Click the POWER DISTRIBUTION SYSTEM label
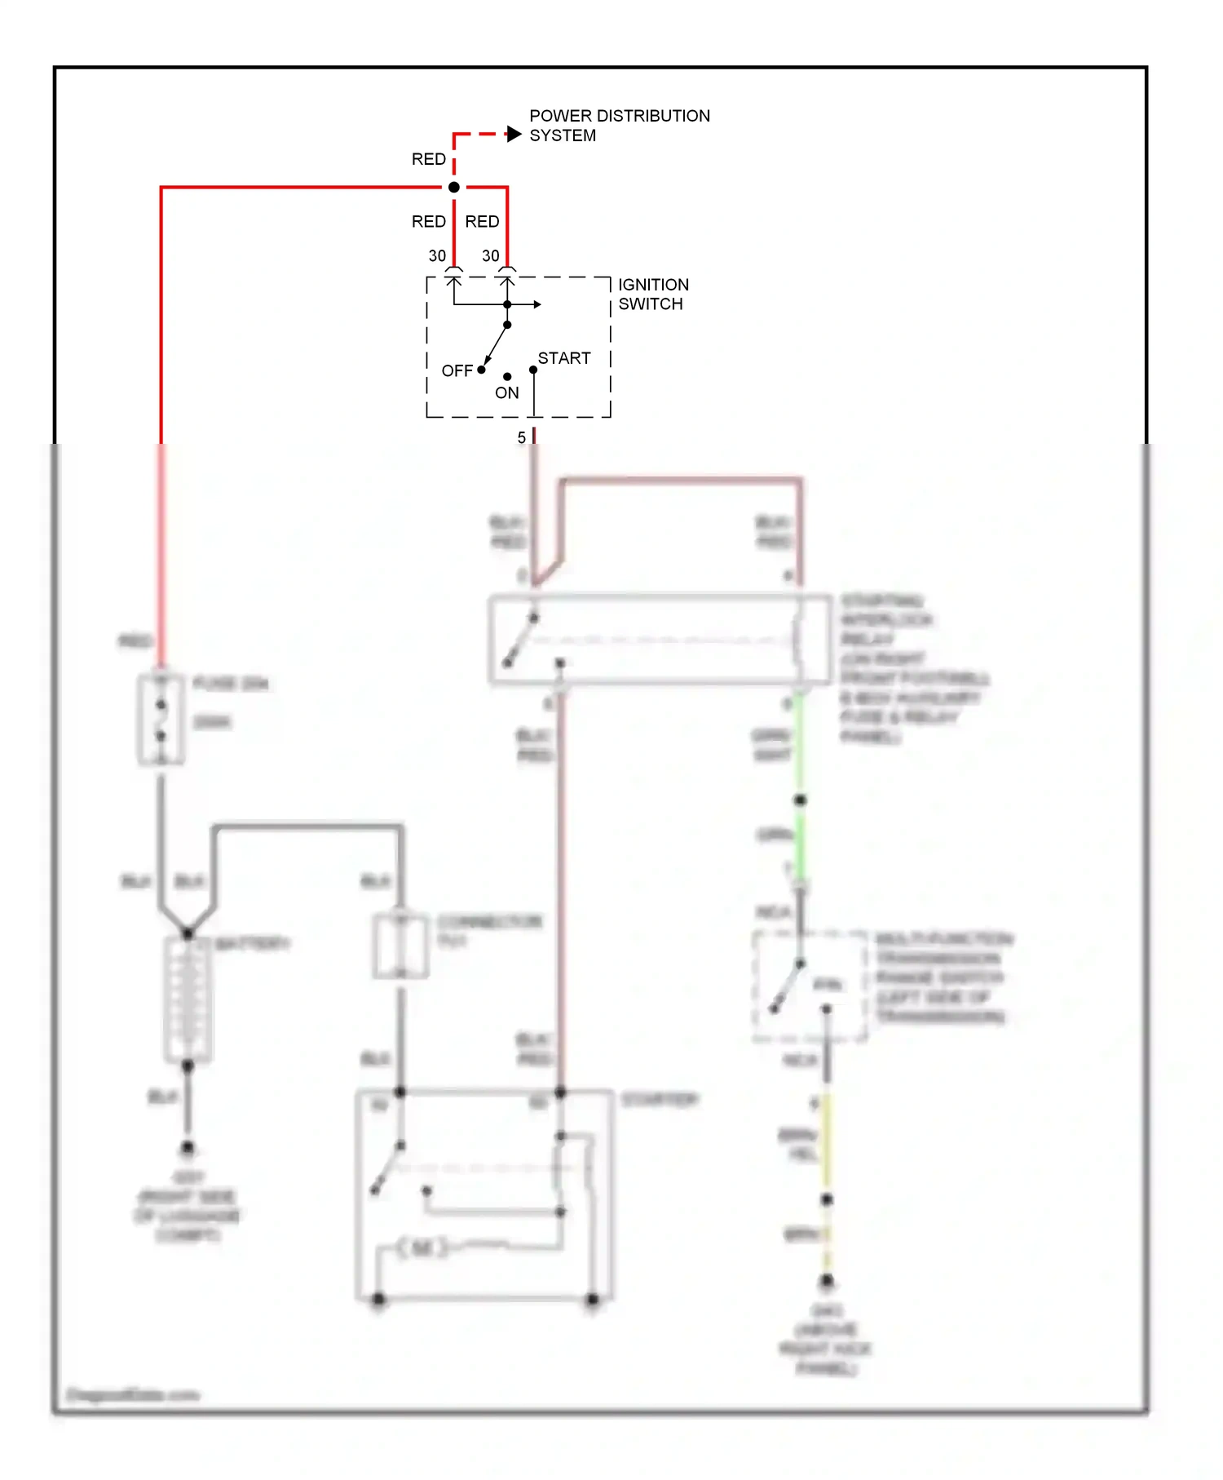click(x=619, y=126)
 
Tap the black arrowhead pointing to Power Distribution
click(x=514, y=134)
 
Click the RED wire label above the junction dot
click(x=428, y=159)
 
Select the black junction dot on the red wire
click(x=454, y=188)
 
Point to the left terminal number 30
click(x=437, y=256)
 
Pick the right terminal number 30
click(x=491, y=256)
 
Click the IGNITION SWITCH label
click(x=653, y=295)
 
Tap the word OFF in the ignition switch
click(x=457, y=371)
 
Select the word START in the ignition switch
click(x=564, y=358)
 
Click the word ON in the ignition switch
click(x=506, y=393)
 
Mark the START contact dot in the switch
click(x=533, y=370)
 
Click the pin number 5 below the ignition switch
click(x=522, y=438)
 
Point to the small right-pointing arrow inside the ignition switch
click(x=536, y=304)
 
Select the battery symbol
click(x=188, y=999)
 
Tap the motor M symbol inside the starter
click(x=422, y=1247)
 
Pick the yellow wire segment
click(x=826, y=1142)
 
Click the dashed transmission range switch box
click(x=809, y=986)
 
